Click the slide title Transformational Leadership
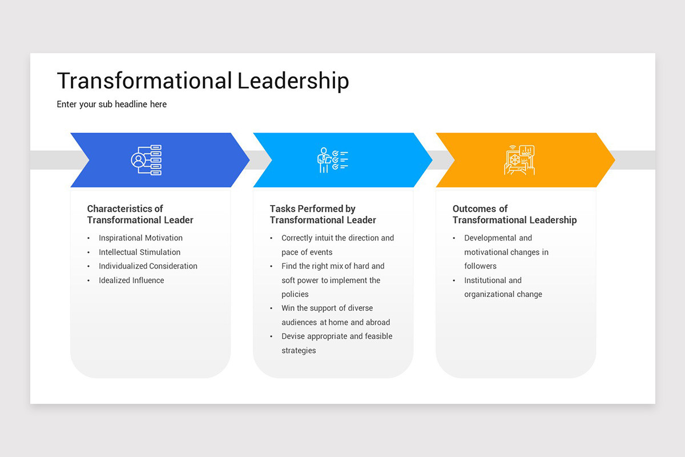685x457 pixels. tap(203, 81)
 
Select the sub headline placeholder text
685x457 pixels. tap(112, 104)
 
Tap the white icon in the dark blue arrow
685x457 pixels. tap(147, 160)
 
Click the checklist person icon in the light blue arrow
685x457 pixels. tap(333, 160)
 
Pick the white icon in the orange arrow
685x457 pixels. tap(519, 160)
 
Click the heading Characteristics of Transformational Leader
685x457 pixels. tap(140, 214)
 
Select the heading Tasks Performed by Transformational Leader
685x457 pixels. tap(323, 214)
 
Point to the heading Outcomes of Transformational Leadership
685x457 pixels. tap(514, 214)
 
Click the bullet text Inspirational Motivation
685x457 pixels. tap(140, 238)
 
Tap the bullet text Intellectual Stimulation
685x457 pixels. tap(139, 252)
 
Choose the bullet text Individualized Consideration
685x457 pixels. tap(148, 266)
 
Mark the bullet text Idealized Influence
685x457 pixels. tap(131, 280)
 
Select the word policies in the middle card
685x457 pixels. tap(295, 294)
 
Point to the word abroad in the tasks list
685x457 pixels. tap(377, 322)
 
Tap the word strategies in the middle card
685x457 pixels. tap(299, 350)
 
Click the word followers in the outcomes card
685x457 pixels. tap(480, 266)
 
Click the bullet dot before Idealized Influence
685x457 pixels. tap(88, 280)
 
